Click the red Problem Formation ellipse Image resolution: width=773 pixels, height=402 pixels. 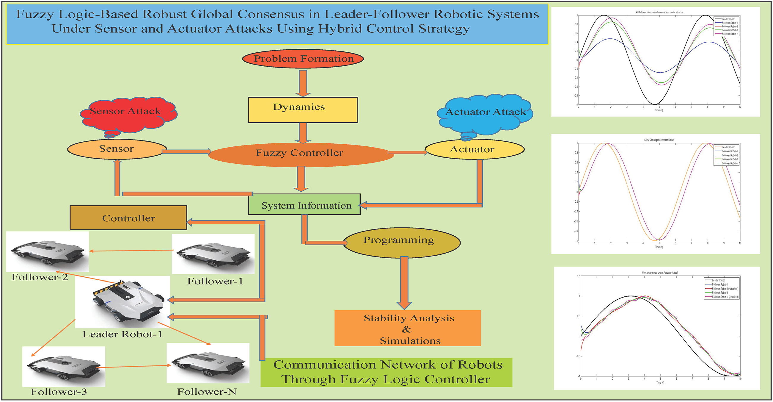pos(303,59)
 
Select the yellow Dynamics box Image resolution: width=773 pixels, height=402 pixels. pos(303,110)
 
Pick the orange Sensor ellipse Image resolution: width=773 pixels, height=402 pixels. pos(117,149)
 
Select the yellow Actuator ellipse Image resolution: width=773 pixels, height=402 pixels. pos(474,149)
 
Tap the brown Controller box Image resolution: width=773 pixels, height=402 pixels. pos(128,218)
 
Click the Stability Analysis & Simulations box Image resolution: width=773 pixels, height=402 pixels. pos(408,329)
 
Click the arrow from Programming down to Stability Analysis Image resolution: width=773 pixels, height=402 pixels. pos(404,282)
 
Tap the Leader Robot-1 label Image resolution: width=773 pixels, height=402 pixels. pos(122,334)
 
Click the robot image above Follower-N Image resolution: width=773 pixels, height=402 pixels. pos(208,363)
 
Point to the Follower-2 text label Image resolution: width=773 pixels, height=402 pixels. pos(40,277)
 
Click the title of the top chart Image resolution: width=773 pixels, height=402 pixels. pos(659,12)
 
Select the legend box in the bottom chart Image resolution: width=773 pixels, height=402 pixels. pos(721,288)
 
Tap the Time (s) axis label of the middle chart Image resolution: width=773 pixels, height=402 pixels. pos(659,247)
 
